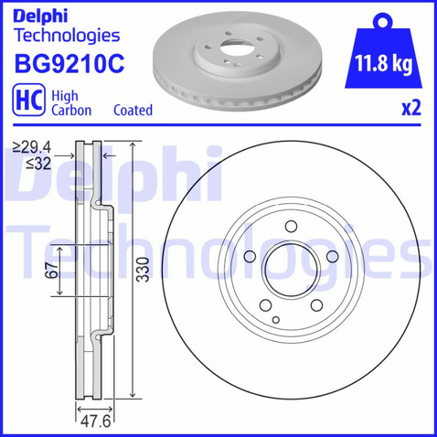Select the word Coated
(x=133, y=110)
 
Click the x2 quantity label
(x=411, y=108)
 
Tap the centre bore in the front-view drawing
(x=288, y=271)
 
